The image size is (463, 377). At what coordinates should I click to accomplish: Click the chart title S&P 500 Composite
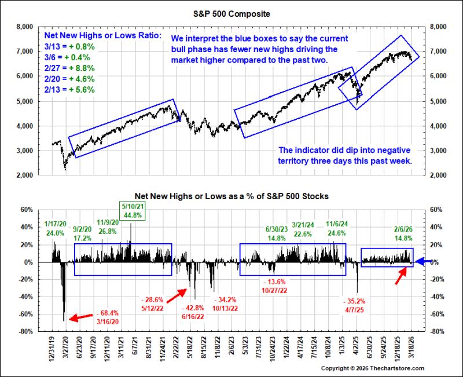point(231,14)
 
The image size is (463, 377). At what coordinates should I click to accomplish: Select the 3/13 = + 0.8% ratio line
point(69,47)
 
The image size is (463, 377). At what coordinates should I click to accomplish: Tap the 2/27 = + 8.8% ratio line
point(69,68)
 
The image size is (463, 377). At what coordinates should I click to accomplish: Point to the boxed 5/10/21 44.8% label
point(133,211)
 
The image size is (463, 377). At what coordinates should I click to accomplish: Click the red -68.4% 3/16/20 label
point(108,317)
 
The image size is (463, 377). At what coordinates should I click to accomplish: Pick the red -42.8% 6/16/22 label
point(193,312)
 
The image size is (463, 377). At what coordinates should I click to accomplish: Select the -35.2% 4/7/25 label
point(354,306)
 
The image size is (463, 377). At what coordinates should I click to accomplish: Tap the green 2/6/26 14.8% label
point(403,234)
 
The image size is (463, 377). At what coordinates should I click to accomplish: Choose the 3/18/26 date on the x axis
point(411,347)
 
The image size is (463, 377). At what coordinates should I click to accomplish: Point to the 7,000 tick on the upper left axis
point(25,52)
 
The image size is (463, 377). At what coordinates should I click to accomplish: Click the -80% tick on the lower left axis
point(25,331)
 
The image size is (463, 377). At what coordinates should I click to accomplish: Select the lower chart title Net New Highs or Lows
point(231,196)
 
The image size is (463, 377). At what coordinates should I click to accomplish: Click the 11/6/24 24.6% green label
point(337,228)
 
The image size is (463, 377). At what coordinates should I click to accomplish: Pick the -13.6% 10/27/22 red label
point(274,286)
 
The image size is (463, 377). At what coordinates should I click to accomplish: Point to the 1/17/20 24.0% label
point(55,228)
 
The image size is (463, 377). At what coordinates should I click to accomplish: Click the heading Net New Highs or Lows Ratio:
point(103,35)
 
